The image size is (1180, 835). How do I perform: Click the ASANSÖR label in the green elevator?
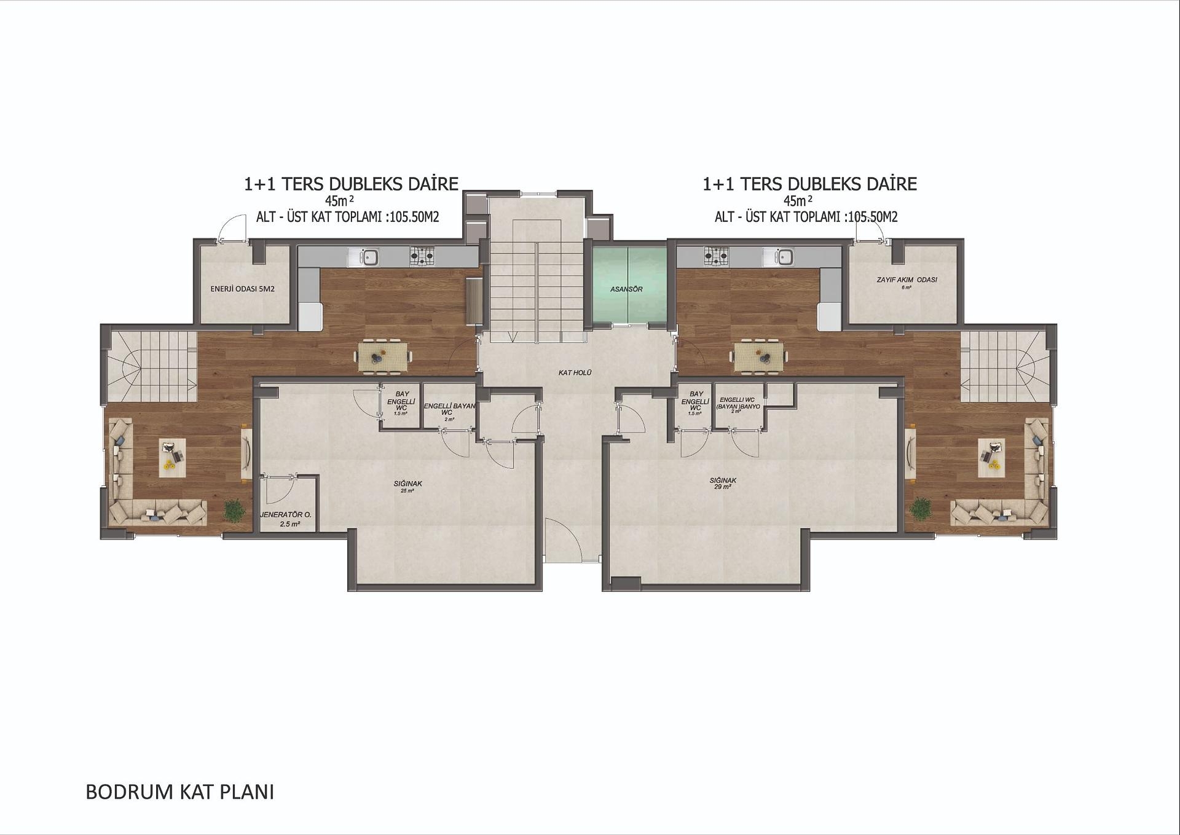click(626, 289)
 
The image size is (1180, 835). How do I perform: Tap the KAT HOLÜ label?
click(575, 372)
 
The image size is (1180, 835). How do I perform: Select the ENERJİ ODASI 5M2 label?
click(242, 288)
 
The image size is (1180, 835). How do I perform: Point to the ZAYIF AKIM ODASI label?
click(907, 281)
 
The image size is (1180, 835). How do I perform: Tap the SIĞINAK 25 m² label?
click(407, 486)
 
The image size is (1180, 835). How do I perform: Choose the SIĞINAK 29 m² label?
click(723, 483)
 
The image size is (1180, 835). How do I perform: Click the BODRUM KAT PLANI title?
click(179, 791)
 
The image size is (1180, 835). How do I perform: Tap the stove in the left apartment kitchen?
click(422, 255)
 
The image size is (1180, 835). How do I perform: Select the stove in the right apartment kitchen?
click(715, 255)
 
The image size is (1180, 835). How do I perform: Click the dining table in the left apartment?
click(383, 356)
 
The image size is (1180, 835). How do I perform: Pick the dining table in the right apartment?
click(759, 356)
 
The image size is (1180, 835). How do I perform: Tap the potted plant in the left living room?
click(234, 510)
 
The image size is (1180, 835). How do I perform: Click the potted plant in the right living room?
click(920, 509)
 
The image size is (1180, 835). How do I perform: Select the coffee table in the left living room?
click(172, 457)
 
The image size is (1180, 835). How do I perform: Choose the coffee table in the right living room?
click(991, 457)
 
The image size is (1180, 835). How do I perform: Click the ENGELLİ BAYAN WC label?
click(449, 409)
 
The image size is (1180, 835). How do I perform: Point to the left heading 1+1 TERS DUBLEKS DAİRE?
click(351, 184)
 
